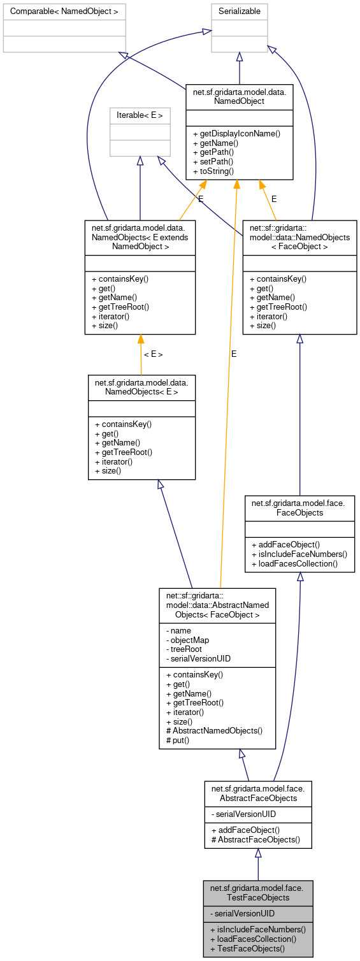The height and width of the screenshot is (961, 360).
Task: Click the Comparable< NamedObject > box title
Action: pos(64,11)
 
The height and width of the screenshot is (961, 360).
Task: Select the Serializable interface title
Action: pos(240,11)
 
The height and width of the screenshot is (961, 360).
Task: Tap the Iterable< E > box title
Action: pos(140,115)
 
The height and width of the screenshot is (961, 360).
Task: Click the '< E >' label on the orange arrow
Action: pos(153,354)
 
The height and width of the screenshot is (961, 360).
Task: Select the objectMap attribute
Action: pos(187,639)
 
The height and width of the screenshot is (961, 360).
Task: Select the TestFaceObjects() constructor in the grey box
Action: pos(248,948)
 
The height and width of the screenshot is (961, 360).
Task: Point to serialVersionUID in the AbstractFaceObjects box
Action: pos(245,814)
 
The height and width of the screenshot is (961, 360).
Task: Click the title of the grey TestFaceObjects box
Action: pos(258,892)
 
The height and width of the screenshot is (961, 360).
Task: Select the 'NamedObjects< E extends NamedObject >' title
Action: pos(140,236)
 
